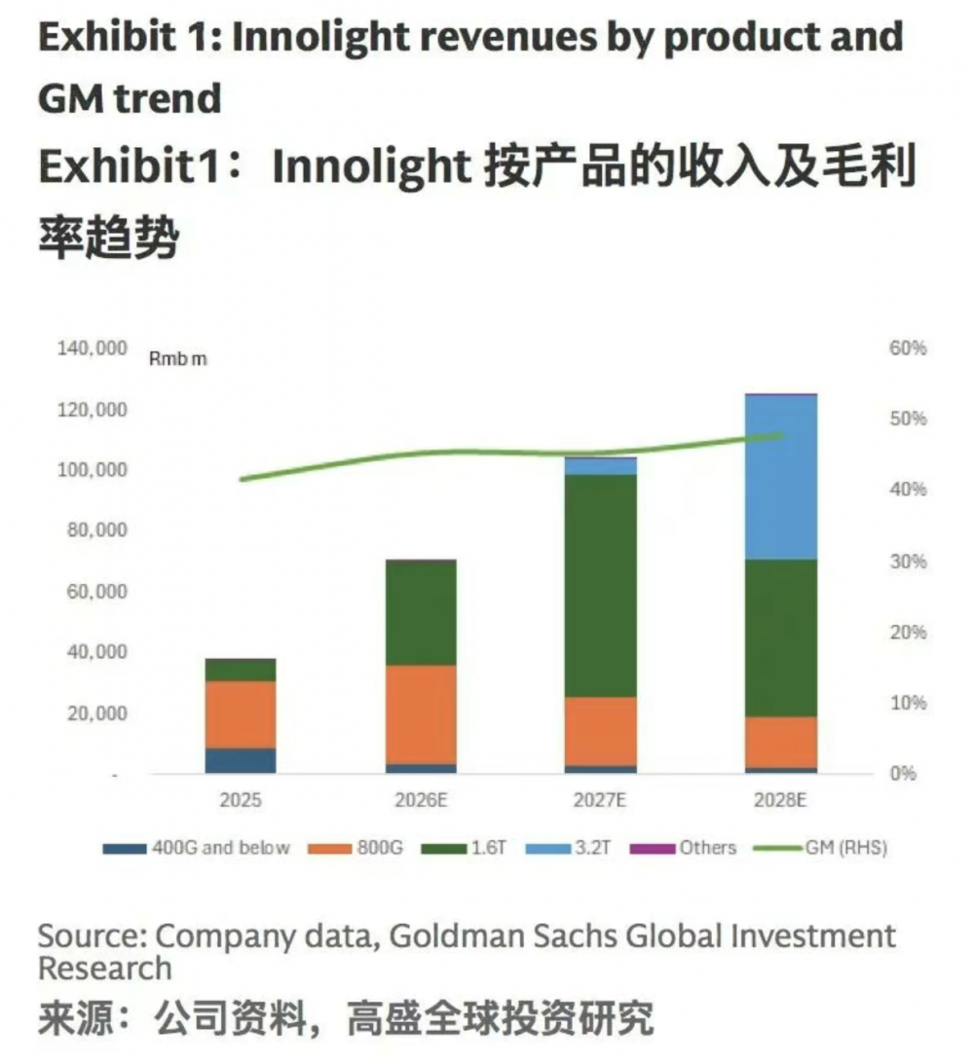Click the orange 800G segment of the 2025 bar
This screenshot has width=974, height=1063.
(x=241, y=714)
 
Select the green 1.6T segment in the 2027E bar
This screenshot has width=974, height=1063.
(x=601, y=585)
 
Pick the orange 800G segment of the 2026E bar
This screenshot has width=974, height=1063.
(x=421, y=714)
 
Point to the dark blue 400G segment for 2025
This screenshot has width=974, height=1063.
(x=241, y=760)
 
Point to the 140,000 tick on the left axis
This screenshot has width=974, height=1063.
(x=89, y=348)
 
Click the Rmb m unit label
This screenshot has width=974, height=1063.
(x=178, y=358)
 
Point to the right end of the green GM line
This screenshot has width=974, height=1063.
(x=782, y=435)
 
